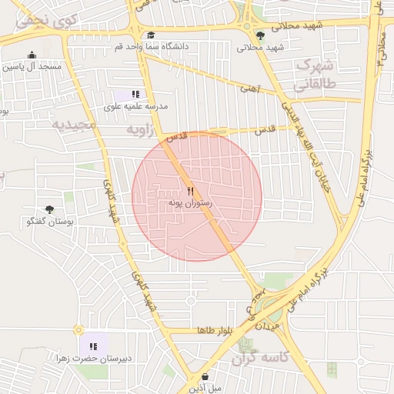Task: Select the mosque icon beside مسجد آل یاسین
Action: (x=32, y=55)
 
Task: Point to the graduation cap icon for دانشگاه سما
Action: (x=151, y=35)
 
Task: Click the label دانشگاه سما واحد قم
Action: (x=152, y=46)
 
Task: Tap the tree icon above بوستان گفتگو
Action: (x=50, y=209)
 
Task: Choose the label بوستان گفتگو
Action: (x=49, y=222)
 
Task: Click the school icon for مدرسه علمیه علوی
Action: (x=137, y=94)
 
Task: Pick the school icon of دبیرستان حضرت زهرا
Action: (x=93, y=346)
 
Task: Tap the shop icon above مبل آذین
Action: (x=205, y=376)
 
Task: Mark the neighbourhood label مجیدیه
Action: (x=75, y=124)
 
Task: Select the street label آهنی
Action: (x=251, y=88)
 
